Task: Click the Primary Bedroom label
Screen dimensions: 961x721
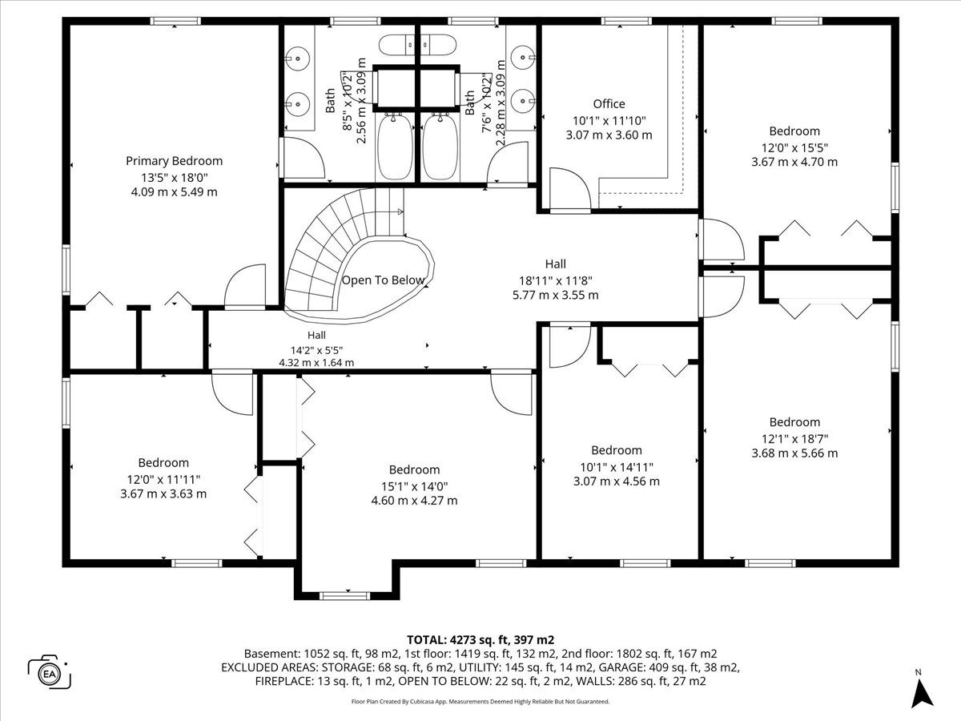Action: coord(175,161)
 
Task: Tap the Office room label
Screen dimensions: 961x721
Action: coord(609,104)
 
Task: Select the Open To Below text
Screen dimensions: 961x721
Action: coord(383,280)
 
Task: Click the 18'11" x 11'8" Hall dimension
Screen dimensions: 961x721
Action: coord(556,280)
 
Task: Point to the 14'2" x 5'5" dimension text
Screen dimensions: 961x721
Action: coord(316,350)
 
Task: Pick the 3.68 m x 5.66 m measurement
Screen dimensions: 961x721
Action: coord(794,453)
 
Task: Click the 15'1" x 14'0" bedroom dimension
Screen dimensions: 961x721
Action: coord(414,486)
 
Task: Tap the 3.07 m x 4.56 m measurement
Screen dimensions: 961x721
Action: coord(617,481)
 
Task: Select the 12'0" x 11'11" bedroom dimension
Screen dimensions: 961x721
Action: coord(163,480)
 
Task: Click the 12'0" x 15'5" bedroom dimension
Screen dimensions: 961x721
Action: coord(794,147)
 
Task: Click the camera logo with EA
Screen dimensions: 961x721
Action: coord(50,673)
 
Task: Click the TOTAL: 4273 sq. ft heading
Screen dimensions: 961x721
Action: coord(480,640)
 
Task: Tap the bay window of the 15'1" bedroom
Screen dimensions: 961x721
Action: coord(344,596)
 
